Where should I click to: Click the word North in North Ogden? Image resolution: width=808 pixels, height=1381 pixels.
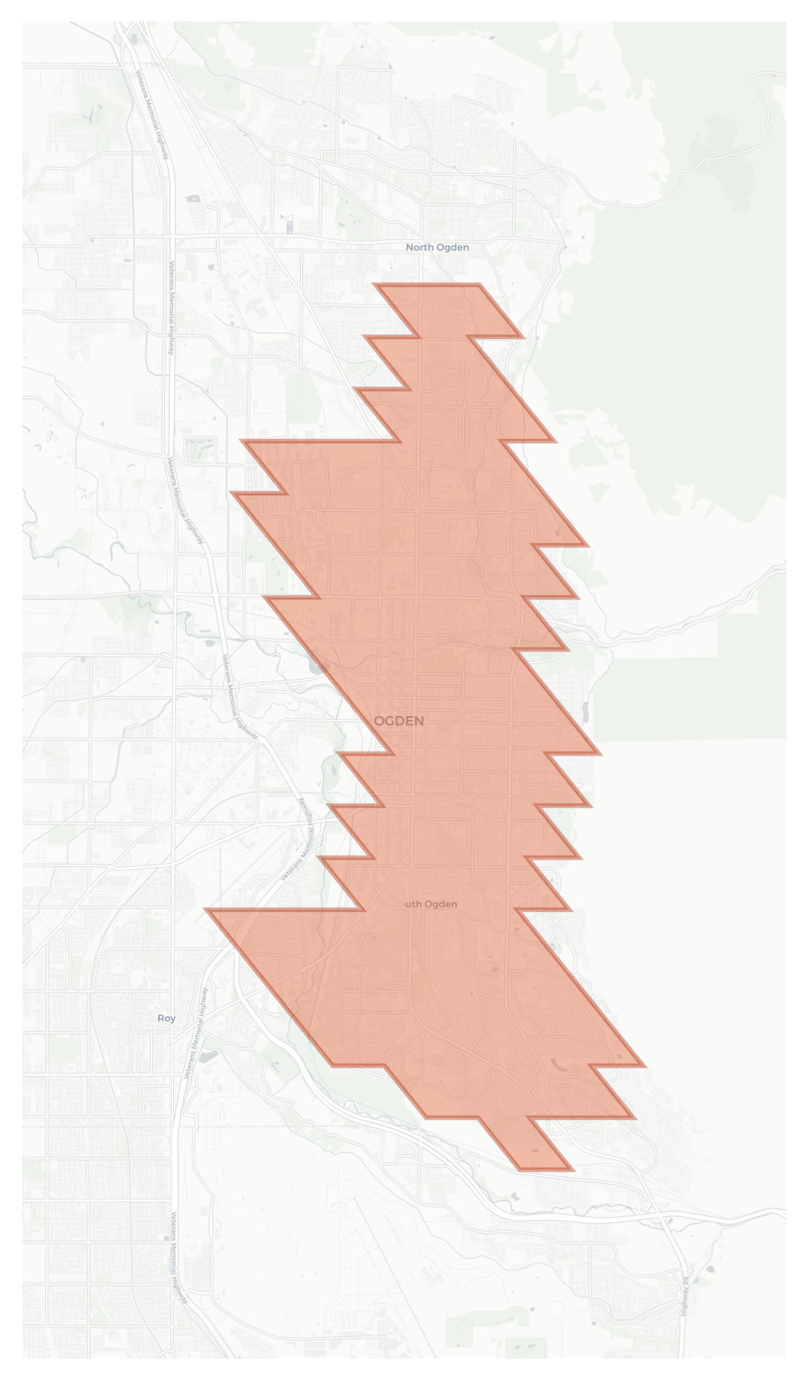click(420, 247)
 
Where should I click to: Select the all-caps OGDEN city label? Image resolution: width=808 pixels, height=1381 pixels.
click(399, 721)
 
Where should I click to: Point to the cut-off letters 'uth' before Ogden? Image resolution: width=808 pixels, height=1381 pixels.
click(413, 904)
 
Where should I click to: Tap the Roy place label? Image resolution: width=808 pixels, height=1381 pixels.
click(166, 1018)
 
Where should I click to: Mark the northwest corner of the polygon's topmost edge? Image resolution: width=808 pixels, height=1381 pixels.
click(375, 285)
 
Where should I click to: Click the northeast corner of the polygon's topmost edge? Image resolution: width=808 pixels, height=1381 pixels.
click(479, 285)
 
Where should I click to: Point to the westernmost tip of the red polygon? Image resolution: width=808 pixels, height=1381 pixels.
click(206, 909)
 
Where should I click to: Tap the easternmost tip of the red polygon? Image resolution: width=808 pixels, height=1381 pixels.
click(643, 1066)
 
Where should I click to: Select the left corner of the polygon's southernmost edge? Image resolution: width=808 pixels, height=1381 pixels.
click(520, 1169)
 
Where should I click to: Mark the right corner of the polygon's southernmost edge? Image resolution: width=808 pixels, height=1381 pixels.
click(572, 1169)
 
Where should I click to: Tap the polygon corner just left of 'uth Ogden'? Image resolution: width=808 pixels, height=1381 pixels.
click(363, 909)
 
